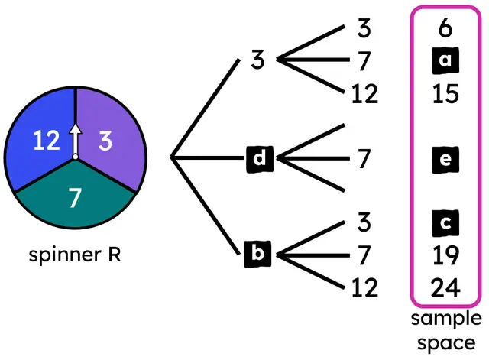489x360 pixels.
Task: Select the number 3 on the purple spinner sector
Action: click(x=105, y=141)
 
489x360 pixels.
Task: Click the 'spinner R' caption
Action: click(x=75, y=254)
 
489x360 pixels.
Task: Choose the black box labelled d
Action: click(x=261, y=158)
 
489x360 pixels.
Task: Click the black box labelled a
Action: click(x=445, y=59)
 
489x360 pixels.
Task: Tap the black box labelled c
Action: click(x=445, y=222)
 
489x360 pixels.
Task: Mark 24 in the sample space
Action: click(x=445, y=287)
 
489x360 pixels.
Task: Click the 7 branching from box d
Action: click(x=364, y=158)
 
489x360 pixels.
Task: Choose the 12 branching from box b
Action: click(x=364, y=287)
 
